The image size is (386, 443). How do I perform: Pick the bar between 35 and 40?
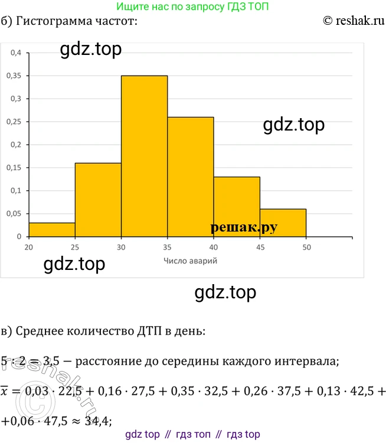click(191, 177)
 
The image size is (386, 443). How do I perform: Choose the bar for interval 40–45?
click(237, 207)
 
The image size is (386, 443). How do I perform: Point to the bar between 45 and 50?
click(283, 223)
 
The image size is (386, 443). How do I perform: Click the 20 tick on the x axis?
click(28, 246)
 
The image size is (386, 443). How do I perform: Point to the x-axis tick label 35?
click(167, 246)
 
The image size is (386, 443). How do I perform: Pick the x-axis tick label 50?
click(306, 246)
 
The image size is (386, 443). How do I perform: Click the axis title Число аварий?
click(191, 260)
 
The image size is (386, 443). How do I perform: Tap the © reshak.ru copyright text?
click(354, 22)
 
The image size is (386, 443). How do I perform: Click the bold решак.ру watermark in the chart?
click(243, 227)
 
